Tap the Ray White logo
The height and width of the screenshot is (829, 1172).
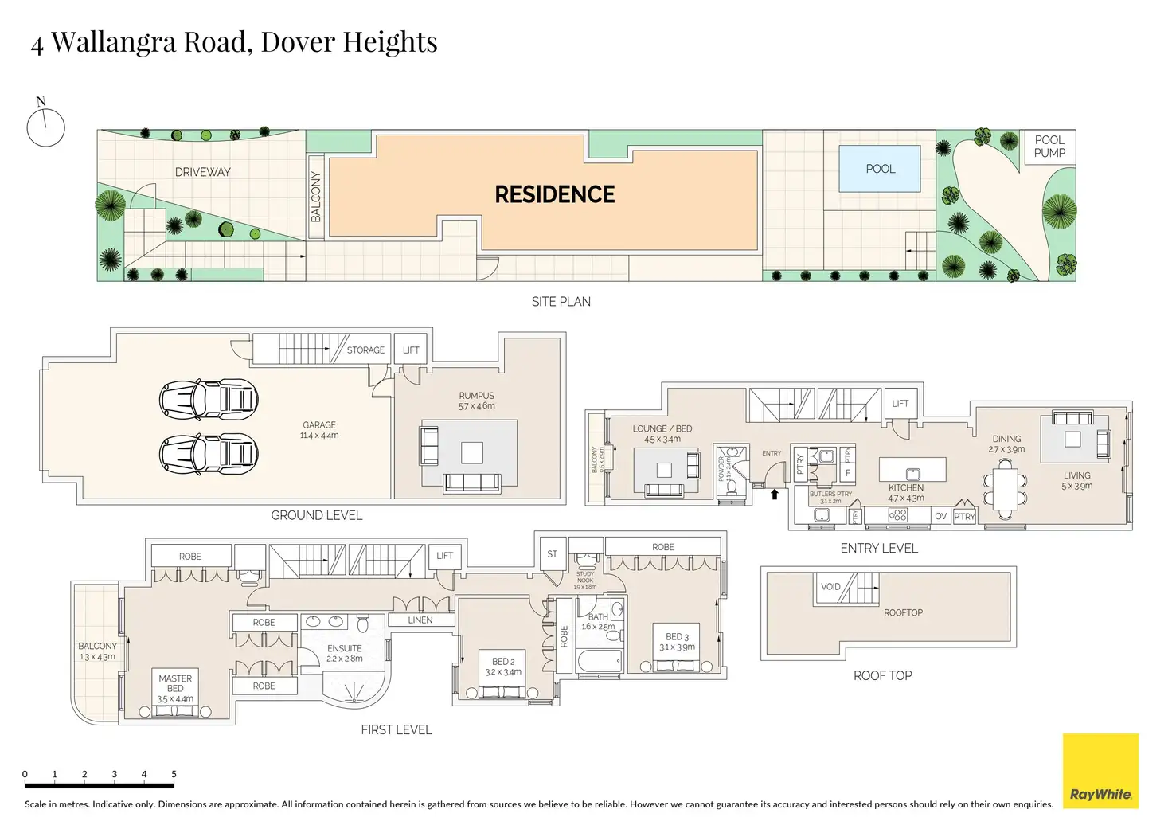coord(1100,771)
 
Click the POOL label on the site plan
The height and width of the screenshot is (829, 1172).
coord(880,169)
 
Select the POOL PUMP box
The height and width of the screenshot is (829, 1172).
coord(1049,147)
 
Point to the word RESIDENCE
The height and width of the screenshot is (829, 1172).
coord(554,195)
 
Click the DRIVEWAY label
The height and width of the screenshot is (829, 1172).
coord(202,172)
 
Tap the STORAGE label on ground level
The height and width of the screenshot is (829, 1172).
coord(365,350)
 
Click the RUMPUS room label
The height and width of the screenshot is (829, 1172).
coord(476,401)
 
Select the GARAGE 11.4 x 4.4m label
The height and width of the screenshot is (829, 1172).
coord(318,430)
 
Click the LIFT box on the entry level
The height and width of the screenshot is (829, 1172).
coord(900,404)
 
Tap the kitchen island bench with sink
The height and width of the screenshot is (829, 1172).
coord(912,470)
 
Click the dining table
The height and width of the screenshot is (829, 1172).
coord(1005,487)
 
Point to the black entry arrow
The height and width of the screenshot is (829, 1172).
coord(774,495)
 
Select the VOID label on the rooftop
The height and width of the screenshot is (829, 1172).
coord(830,587)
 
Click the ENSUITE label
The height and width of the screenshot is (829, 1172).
coord(344,653)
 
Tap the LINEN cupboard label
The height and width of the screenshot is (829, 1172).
coord(420,620)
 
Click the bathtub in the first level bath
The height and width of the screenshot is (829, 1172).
coord(599,661)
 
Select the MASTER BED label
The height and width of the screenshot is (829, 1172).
coord(175,688)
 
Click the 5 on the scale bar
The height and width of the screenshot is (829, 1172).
coord(174,774)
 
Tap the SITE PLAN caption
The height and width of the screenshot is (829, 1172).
coord(561,302)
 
